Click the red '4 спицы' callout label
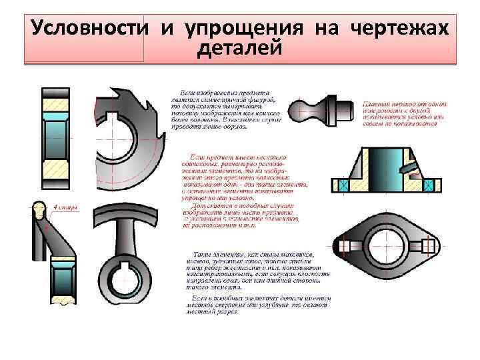(x=66, y=207)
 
